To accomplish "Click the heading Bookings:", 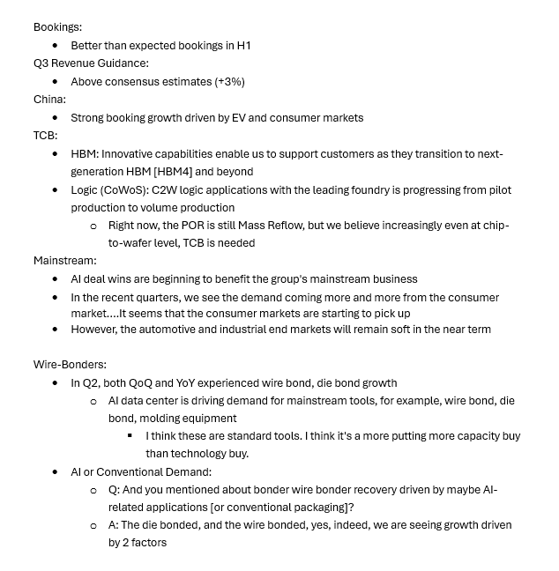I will tap(57, 27).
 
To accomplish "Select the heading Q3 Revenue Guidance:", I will tap(91, 63).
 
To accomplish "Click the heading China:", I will tap(49, 100).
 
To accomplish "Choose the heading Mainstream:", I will tap(65, 261).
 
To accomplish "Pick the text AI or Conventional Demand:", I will tap(141, 472).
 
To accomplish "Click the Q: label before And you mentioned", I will tap(115, 490).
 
